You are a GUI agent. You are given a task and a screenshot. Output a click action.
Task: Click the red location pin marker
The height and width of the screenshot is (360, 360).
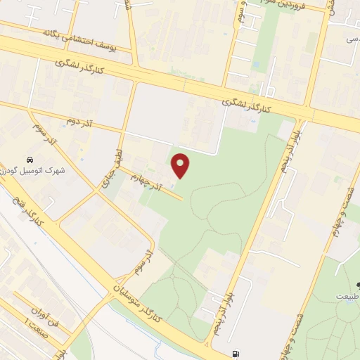click(181, 165)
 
